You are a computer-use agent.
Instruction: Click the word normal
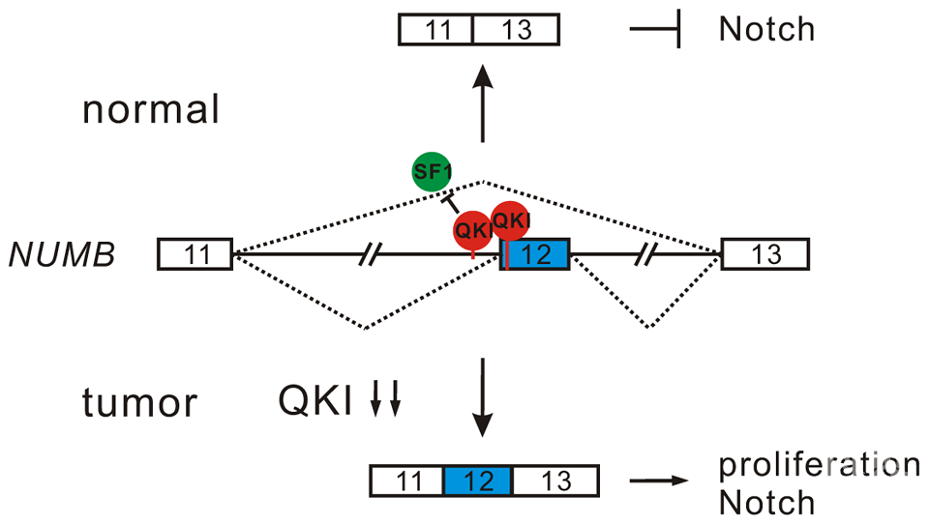pos(151,109)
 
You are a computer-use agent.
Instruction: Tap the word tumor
pos(141,401)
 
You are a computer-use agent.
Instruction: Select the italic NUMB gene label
pos(63,255)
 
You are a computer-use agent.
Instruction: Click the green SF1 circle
pos(432,173)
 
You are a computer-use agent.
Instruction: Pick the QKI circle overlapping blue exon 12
pos(512,221)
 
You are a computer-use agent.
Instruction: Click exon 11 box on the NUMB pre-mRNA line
pos(196,255)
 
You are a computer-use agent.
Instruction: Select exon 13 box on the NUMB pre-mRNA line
pos(765,255)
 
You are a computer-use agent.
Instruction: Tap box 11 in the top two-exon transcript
pos(436,30)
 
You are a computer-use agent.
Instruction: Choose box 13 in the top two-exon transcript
pos(516,30)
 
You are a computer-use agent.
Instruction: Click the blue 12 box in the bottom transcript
pos(477,480)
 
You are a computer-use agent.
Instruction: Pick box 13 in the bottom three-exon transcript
pos(554,480)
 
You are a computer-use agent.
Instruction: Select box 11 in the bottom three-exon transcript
pos(406,480)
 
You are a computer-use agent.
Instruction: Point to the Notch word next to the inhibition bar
pos(766,29)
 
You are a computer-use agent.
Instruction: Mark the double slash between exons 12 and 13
pos(648,255)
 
